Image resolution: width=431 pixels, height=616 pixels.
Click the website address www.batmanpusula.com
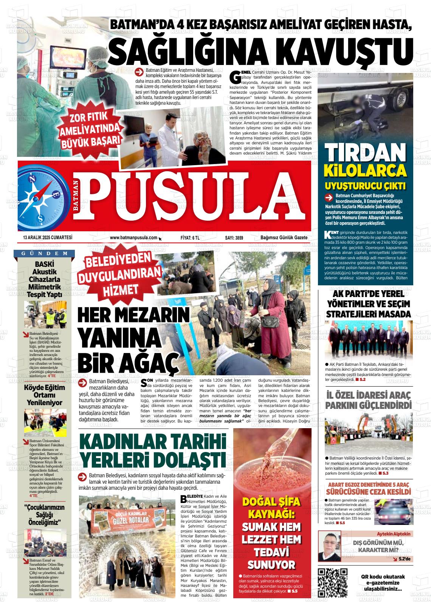[x=133, y=238]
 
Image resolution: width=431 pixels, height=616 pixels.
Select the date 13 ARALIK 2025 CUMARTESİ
[x=48, y=238]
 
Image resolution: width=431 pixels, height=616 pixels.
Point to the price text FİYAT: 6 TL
[x=190, y=238]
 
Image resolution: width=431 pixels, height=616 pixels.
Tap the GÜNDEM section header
[x=42, y=253]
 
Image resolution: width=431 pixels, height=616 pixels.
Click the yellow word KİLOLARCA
[x=365, y=170]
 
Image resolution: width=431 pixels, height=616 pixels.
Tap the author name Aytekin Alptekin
[x=393, y=534]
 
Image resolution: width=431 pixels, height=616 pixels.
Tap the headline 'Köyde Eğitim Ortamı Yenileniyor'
[x=44, y=395]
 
